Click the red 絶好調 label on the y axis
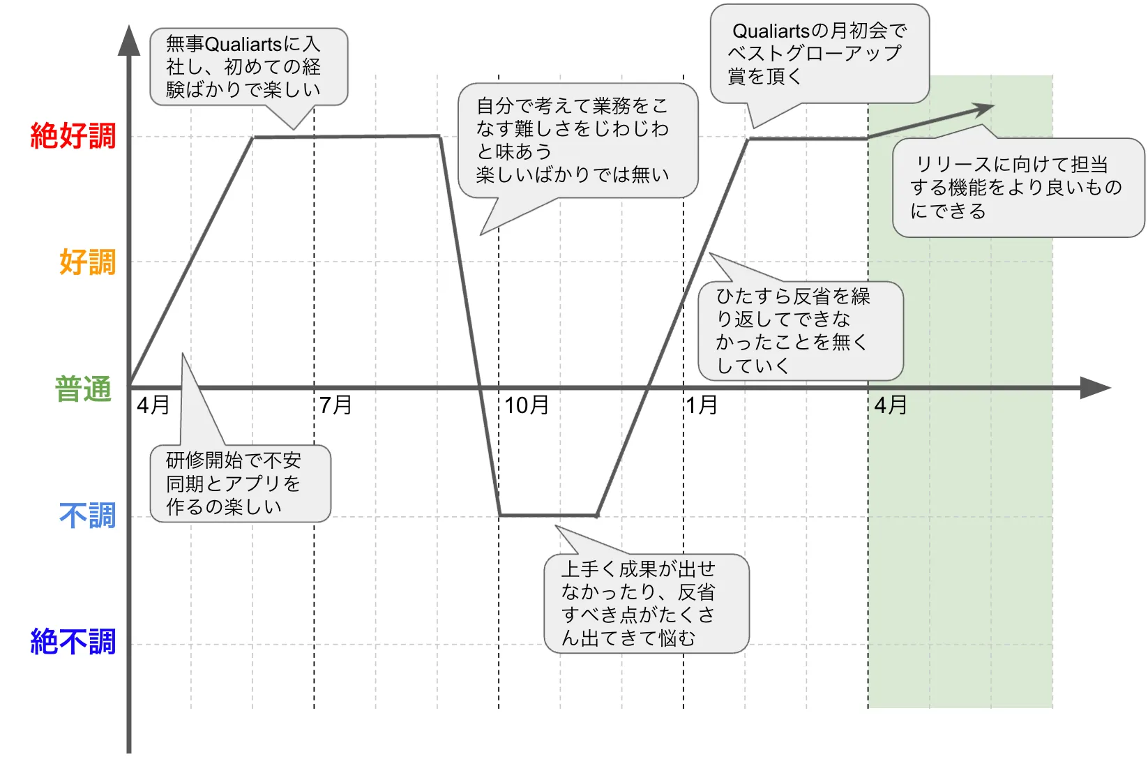pos(73,135)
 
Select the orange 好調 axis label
pos(87,262)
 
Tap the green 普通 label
pos(83,389)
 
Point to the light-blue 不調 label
pos(87,516)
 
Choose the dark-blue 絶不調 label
pos(73,642)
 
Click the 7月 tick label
pos(335,405)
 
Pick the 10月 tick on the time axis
pos(527,405)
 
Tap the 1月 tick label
pos(702,405)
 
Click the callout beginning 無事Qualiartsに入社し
pos(248,67)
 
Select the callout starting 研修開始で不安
pos(240,483)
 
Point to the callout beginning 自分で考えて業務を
pos(577,140)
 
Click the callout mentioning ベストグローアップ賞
pos(820,54)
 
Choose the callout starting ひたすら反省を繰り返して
pos(800,331)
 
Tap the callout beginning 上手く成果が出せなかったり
pos(646,603)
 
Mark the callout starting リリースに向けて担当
pos(1018,188)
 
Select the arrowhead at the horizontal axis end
pos(1094,388)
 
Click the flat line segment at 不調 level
pos(548,516)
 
